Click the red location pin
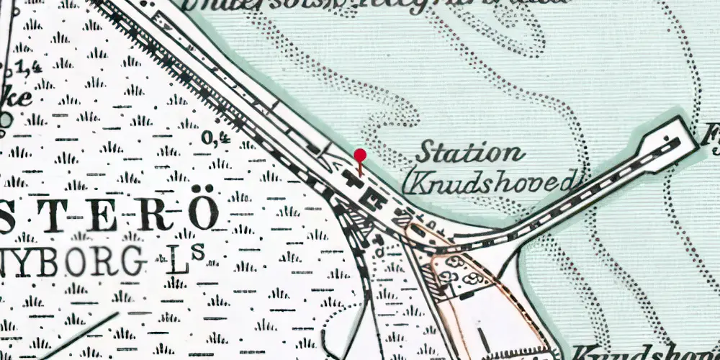pos(360,156)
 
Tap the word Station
pos(470,153)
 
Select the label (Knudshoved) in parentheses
pos(491,180)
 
